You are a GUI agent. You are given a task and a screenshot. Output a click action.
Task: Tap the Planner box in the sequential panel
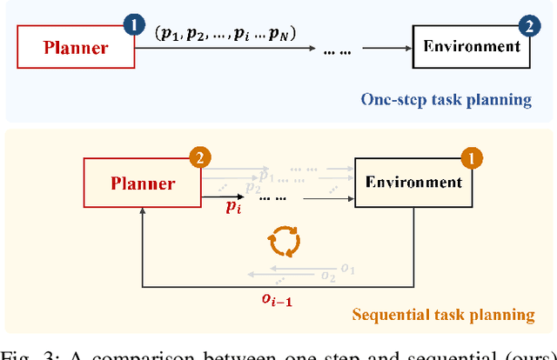pos(142,183)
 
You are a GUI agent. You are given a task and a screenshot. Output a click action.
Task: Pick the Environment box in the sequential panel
pos(413,183)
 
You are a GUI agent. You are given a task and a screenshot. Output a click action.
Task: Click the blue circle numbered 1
pos(133,24)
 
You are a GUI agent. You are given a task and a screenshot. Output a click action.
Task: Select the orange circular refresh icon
pos(284,241)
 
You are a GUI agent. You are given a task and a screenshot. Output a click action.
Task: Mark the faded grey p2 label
pos(253,187)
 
